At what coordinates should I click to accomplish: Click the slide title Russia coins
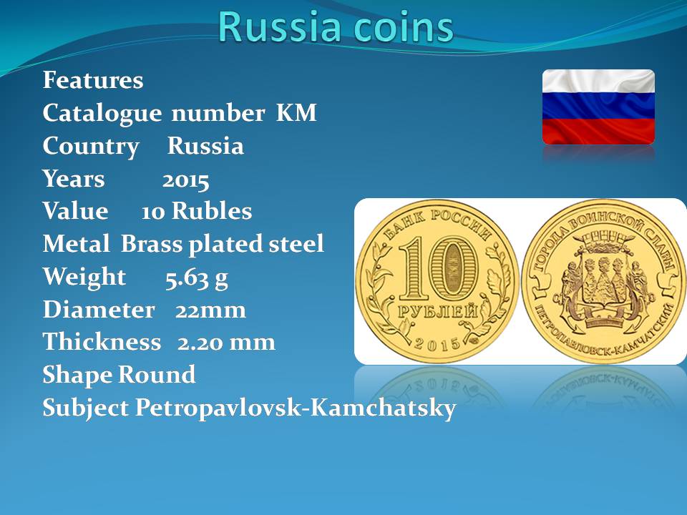tap(336, 27)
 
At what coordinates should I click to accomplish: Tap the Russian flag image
tap(598, 107)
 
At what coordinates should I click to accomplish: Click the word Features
tap(93, 80)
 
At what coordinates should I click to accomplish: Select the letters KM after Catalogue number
tap(296, 113)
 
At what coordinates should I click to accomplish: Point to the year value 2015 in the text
tap(186, 180)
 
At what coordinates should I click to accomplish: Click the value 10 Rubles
tap(197, 212)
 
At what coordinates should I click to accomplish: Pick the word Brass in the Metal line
tap(152, 244)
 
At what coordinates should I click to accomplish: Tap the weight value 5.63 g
tap(197, 278)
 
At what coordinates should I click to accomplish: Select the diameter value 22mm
tap(210, 310)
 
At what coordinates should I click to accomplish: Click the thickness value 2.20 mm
tap(226, 343)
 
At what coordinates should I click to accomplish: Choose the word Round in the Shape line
tap(157, 375)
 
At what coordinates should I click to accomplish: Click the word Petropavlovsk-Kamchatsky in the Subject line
tap(296, 408)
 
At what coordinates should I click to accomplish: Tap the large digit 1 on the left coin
tap(414, 269)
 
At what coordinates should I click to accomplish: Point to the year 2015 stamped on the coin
tap(437, 344)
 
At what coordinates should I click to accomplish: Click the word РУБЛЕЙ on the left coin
tap(437, 311)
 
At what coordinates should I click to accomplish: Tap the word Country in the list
tap(91, 147)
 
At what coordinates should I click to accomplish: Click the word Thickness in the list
tap(102, 342)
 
